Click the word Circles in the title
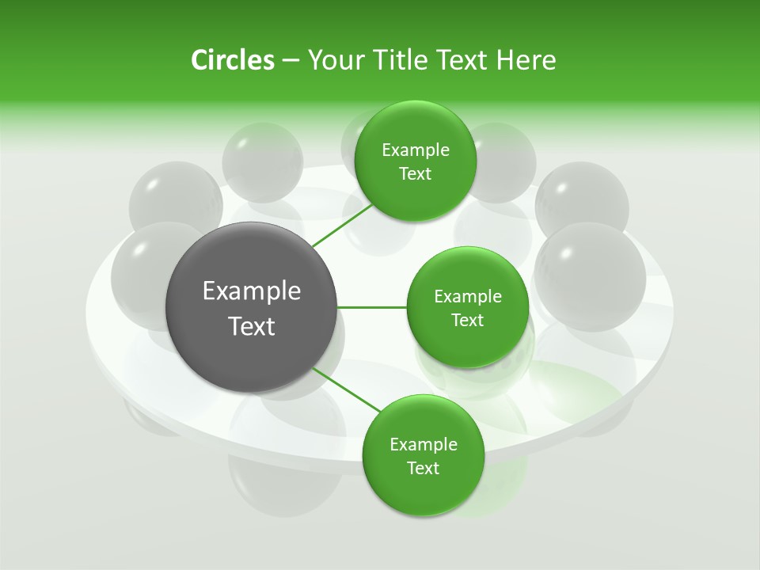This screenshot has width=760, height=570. click(232, 60)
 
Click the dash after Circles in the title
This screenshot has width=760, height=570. click(291, 61)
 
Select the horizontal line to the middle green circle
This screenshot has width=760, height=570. click(372, 307)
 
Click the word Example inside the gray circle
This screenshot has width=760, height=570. click(252, 291)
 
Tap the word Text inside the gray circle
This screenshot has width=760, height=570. click(252, 326)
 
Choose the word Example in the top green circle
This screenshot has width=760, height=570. click(416, 150)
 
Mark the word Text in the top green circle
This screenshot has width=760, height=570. click(415, 174)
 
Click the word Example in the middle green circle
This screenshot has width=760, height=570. click(468, 297)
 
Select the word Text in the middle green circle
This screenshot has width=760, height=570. click(467, 321)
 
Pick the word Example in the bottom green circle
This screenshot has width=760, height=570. click(424, 445)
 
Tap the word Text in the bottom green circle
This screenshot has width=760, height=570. click(423, 469)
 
